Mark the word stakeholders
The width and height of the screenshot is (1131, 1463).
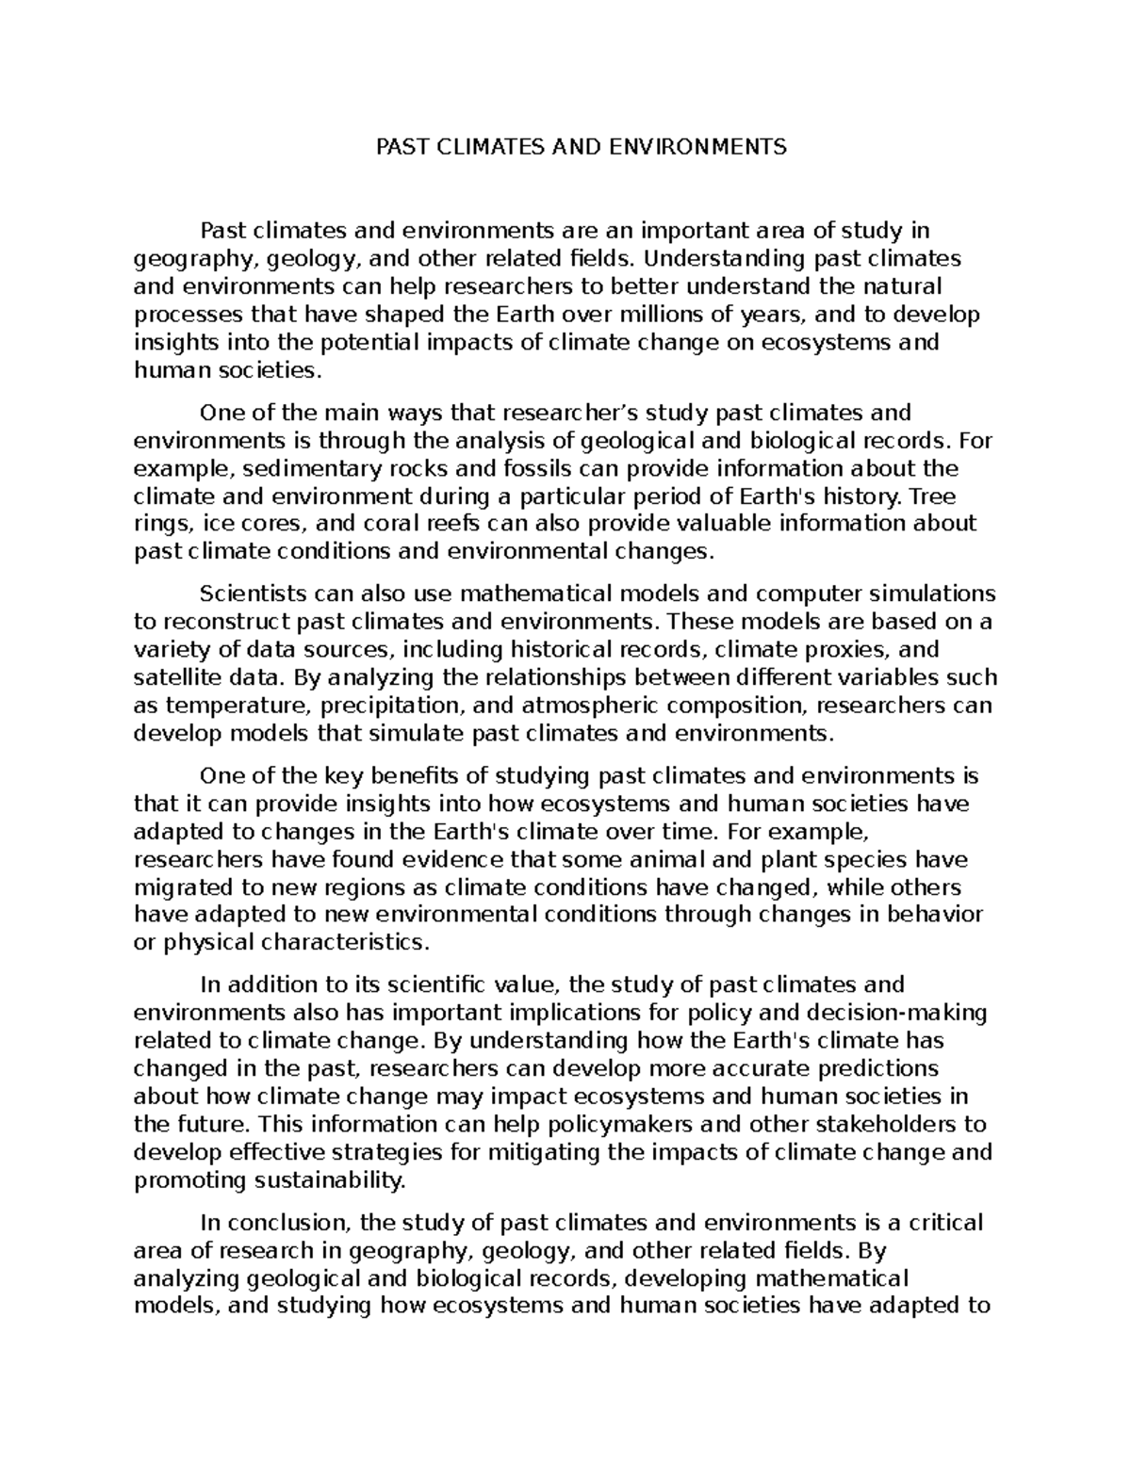pyautogui.click(x=851, y=1124)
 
